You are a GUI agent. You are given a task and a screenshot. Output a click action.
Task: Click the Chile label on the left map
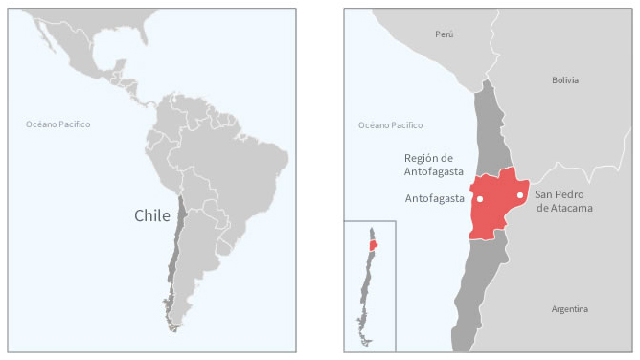151,216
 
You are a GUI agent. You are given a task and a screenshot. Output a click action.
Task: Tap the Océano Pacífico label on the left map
58,124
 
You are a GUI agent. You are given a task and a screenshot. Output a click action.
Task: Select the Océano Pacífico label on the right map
390,125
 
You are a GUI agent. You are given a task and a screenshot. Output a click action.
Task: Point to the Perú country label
444,34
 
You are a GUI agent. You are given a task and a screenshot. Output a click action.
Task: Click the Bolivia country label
565,80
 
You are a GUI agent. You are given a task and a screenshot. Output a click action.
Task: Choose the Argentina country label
570,309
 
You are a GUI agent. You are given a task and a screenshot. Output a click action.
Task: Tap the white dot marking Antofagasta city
479,199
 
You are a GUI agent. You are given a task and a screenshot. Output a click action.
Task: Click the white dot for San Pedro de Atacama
520,195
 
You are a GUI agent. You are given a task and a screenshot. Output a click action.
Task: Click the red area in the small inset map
373,244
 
